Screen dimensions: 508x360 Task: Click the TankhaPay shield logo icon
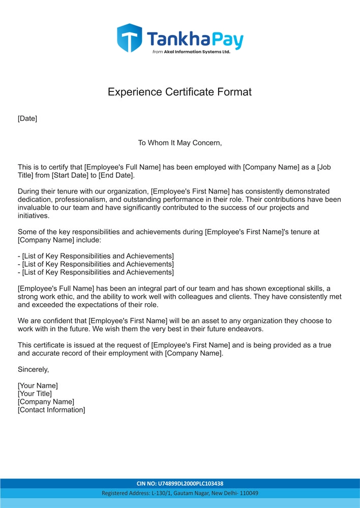point(129,38)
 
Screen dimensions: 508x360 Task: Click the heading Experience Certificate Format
point(179,92)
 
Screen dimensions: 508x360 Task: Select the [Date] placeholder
point(27,119)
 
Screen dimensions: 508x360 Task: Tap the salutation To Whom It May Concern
point(180,143)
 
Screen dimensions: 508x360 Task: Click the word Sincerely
point(33,369)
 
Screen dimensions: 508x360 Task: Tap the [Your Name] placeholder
point(38,386)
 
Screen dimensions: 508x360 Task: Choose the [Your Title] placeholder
point(35,394)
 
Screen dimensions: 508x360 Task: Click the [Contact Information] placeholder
point(51,410)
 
